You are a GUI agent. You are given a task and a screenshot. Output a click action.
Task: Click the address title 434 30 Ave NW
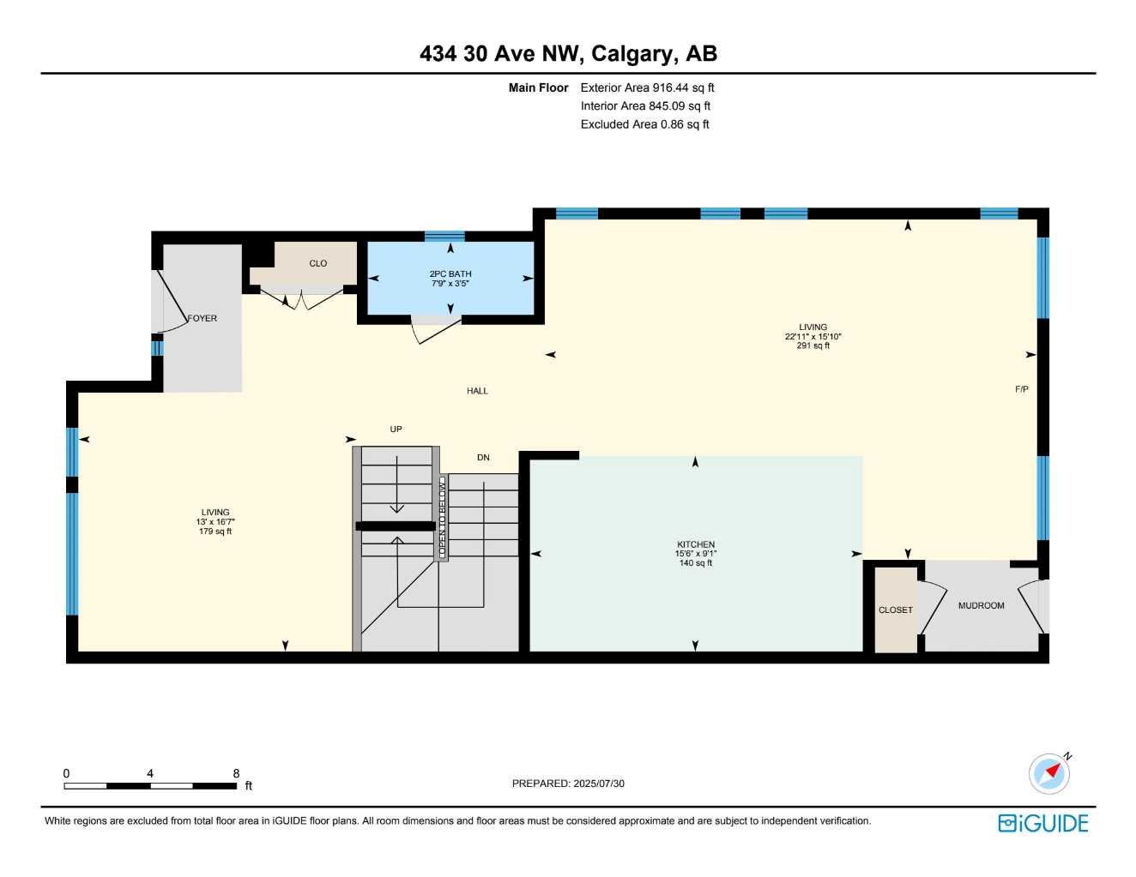click(567, 54)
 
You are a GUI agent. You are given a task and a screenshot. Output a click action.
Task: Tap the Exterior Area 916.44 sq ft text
click(647, 87)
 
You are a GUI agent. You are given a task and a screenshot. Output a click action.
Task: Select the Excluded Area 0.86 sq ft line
click(644, 124)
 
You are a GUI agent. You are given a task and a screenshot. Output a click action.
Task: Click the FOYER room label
click(202, 318)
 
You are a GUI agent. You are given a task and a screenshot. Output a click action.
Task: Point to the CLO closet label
click(318, 263)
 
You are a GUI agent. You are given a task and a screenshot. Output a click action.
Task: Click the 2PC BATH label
click(450, 274)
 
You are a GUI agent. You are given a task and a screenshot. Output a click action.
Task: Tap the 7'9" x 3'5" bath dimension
click(450, 283)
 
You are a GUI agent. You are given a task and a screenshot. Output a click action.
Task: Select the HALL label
click(477, 391)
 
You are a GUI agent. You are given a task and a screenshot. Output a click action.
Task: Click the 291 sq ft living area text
click(813, 346)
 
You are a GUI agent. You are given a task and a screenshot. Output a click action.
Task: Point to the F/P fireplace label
click(1021, 389)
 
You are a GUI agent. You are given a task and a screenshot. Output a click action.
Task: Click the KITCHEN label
click(695, 544)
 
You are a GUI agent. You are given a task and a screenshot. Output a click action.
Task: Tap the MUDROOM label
click(981, 605)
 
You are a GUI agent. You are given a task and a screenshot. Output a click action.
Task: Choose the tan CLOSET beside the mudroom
click(895, 610)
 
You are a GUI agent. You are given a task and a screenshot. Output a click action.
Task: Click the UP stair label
click(396, 429)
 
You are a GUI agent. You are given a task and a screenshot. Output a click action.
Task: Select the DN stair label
click(483, 458)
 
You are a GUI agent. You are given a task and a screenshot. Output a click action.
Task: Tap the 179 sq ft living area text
click(215, 532)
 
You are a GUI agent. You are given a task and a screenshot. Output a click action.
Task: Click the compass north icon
click(1050, 773)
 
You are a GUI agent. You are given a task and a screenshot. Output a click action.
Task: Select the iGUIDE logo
click(1042, 823)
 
